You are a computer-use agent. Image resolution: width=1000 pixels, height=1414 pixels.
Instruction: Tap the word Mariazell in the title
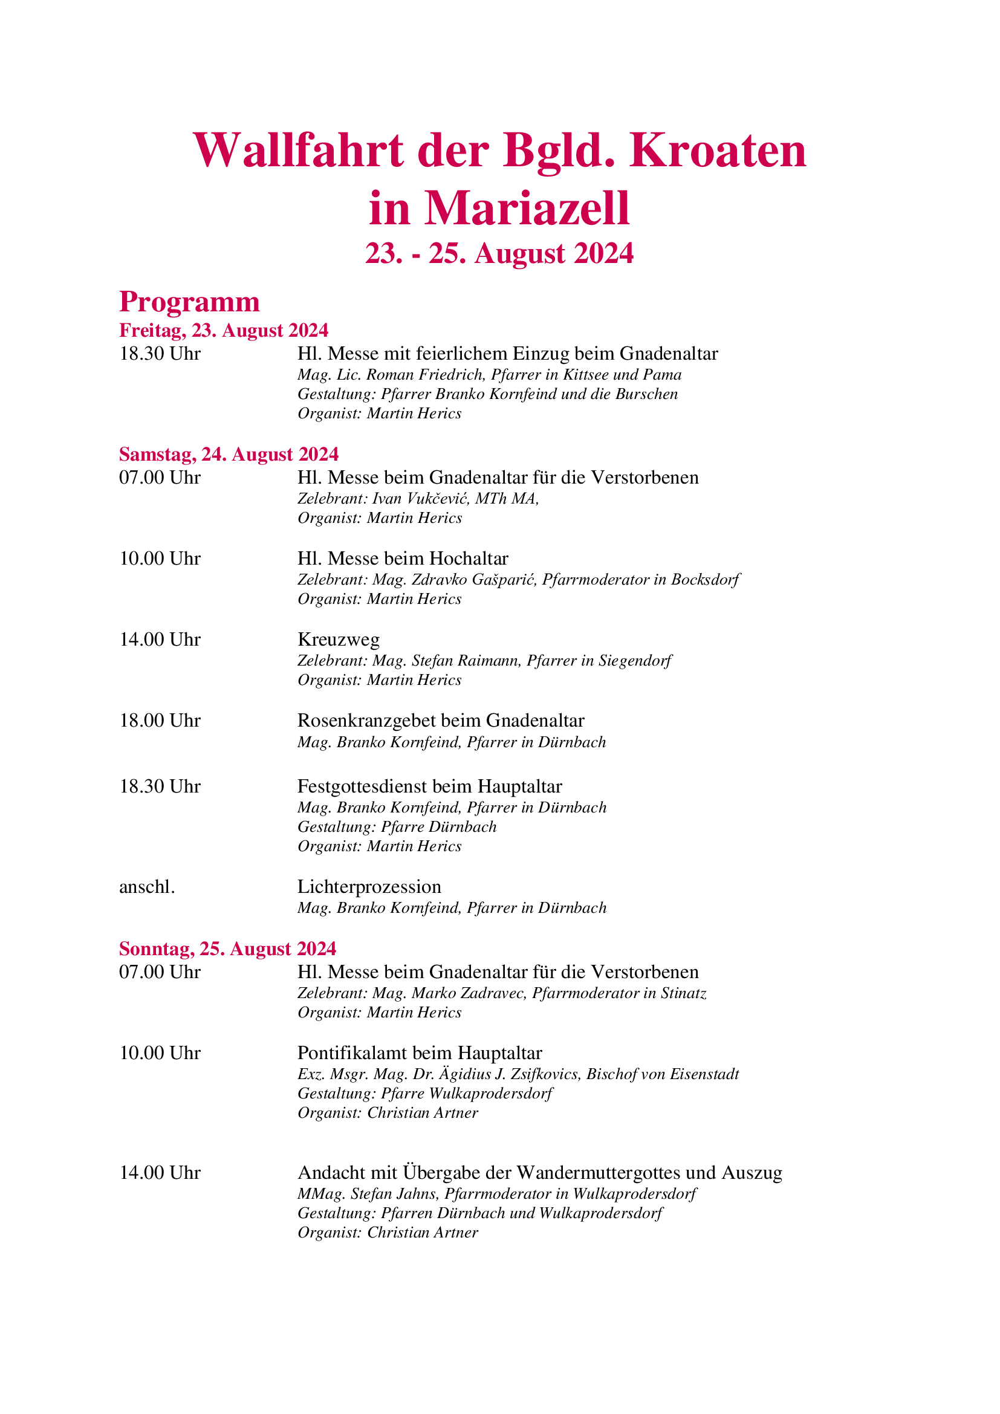point(527,208)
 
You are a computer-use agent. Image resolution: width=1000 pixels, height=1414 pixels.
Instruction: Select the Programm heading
point(189,301)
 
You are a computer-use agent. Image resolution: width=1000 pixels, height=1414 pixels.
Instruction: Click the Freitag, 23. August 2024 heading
point(224,330)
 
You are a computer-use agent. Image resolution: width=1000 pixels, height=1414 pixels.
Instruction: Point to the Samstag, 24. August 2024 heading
point(229,454)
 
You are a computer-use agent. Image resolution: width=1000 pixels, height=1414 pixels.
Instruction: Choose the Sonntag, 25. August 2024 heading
point(227,949)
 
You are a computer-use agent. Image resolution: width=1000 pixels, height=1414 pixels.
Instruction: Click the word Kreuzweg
point(338,639)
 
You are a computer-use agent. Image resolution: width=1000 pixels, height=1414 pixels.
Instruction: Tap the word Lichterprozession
point(369,886)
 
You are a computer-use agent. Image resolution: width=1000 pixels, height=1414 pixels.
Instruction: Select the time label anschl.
point(146,886)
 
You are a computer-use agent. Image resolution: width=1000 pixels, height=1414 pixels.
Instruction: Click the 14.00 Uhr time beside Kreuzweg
point(160,639)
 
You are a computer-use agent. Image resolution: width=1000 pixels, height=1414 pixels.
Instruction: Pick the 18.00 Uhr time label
point(160,720)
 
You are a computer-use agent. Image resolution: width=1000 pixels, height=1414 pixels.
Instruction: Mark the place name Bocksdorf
point(705,580)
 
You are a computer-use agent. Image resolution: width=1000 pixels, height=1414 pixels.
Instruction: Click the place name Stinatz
point(684,993)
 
